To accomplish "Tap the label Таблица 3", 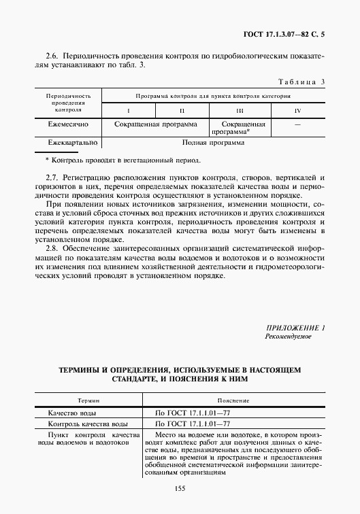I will coord(300,82).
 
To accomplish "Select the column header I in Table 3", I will coord(128,110).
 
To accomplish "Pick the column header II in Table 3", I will coord(182,110).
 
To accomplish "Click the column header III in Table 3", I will coord(240,110).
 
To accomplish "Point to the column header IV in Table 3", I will coord(297,110).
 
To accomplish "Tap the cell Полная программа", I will coord(213,143).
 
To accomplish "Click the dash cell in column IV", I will coord(297,125).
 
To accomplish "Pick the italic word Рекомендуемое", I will coord(288,337).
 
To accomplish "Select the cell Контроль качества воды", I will coord(87,424).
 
